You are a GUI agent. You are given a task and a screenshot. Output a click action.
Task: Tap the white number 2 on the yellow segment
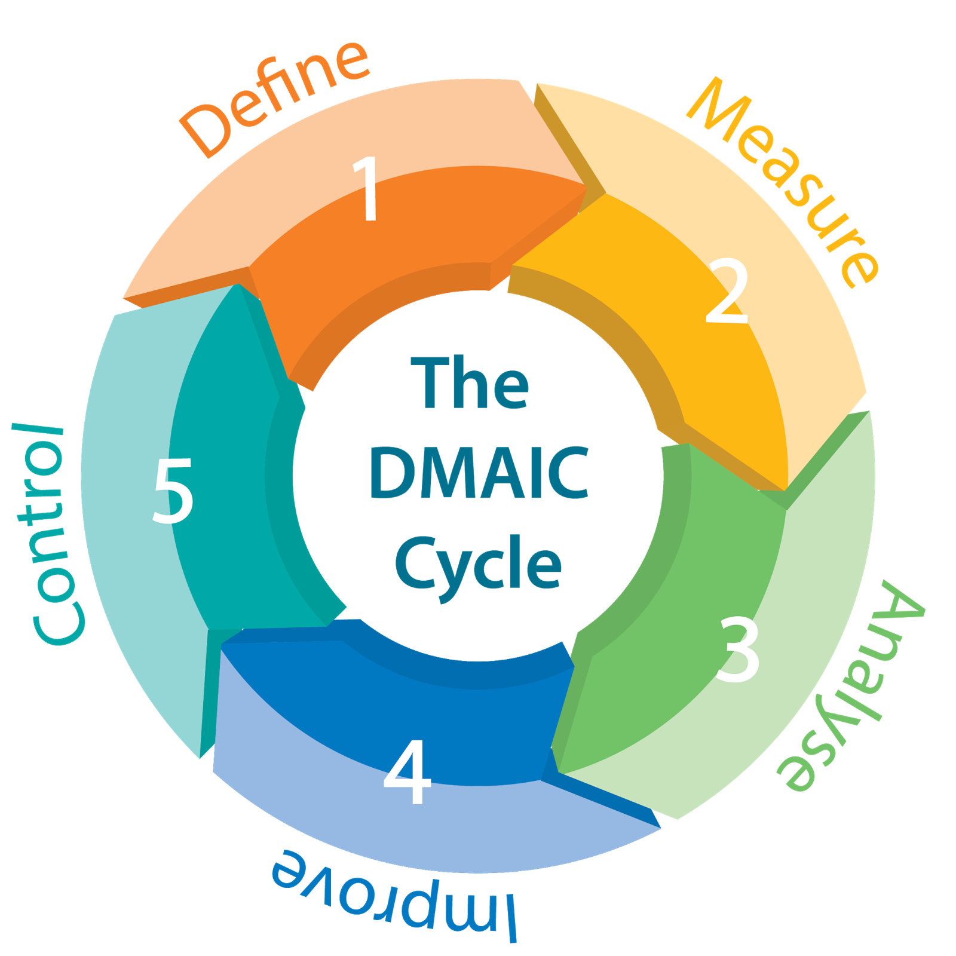tap(727, 292)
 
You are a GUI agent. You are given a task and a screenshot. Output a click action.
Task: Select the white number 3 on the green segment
tap(739, 649)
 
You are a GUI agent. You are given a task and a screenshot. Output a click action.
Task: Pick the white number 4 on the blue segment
tap(407, 772)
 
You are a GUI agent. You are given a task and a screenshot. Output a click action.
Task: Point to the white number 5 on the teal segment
tap(173, 491)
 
